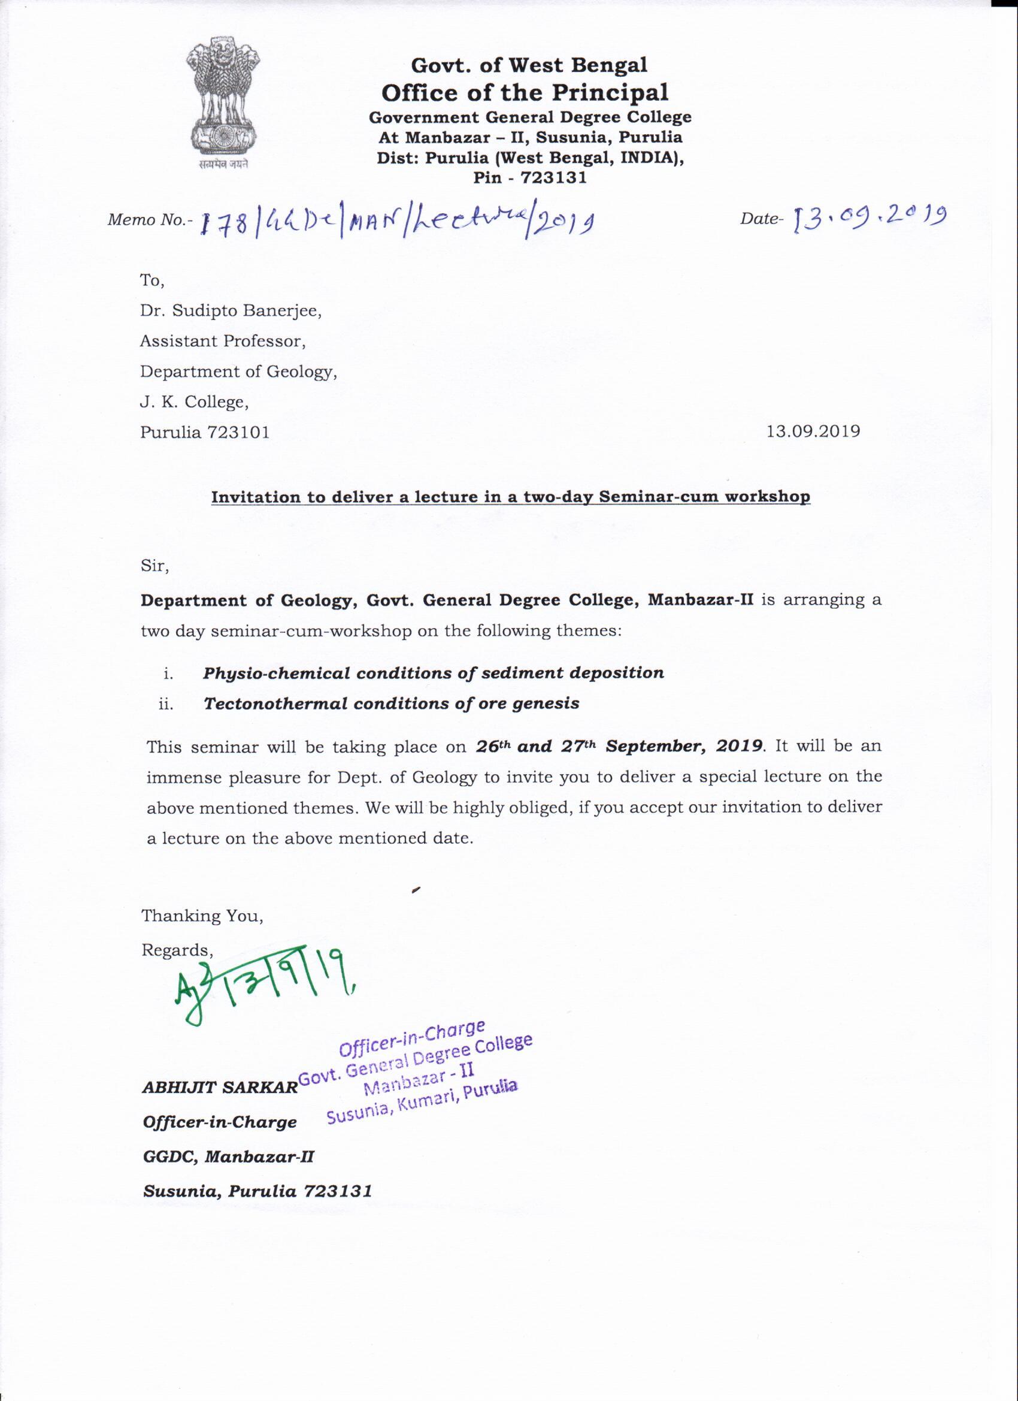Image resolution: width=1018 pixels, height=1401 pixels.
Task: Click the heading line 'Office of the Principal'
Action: tap(525, 93)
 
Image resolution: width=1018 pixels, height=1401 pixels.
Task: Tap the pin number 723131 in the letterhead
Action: tap(553, 178)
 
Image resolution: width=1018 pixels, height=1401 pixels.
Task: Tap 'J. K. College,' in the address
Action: tap(194, 402)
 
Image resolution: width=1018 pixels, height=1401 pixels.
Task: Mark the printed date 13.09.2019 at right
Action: tap(813, 431)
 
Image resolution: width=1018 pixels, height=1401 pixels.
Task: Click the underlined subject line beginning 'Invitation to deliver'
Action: tap(510, 497)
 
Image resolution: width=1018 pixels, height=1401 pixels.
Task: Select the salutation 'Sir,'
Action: tap(155, 566)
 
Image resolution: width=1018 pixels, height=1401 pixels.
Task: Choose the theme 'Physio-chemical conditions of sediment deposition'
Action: tap(434, 673)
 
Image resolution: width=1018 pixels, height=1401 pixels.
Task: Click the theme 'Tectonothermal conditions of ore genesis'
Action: tap(392, 703)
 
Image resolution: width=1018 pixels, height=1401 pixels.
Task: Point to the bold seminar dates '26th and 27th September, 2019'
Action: tap(619, 745)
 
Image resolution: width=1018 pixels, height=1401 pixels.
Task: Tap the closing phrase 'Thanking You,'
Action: tap(202, 916)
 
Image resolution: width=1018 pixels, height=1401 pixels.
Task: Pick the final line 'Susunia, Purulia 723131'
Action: tap(257, 1191)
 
